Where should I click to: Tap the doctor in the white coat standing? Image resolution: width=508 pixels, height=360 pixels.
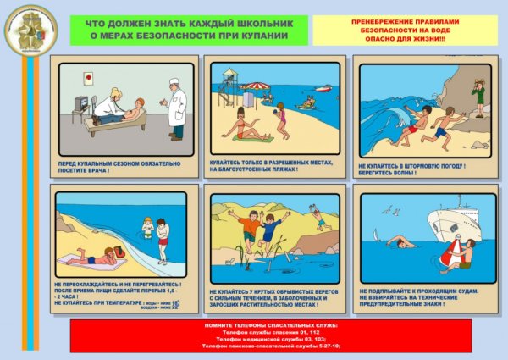coord(175,108)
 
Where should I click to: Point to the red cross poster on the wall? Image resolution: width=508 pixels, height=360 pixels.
coord(88,77)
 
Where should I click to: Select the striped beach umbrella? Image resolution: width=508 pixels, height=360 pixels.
coord(255,86)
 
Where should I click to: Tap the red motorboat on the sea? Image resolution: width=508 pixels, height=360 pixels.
coord(323,88)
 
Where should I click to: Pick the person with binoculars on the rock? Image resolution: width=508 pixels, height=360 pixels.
coord(479,93)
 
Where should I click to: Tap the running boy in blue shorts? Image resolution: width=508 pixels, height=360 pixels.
coord(439,128)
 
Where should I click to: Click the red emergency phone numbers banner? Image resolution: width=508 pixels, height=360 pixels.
coord(254,335)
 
